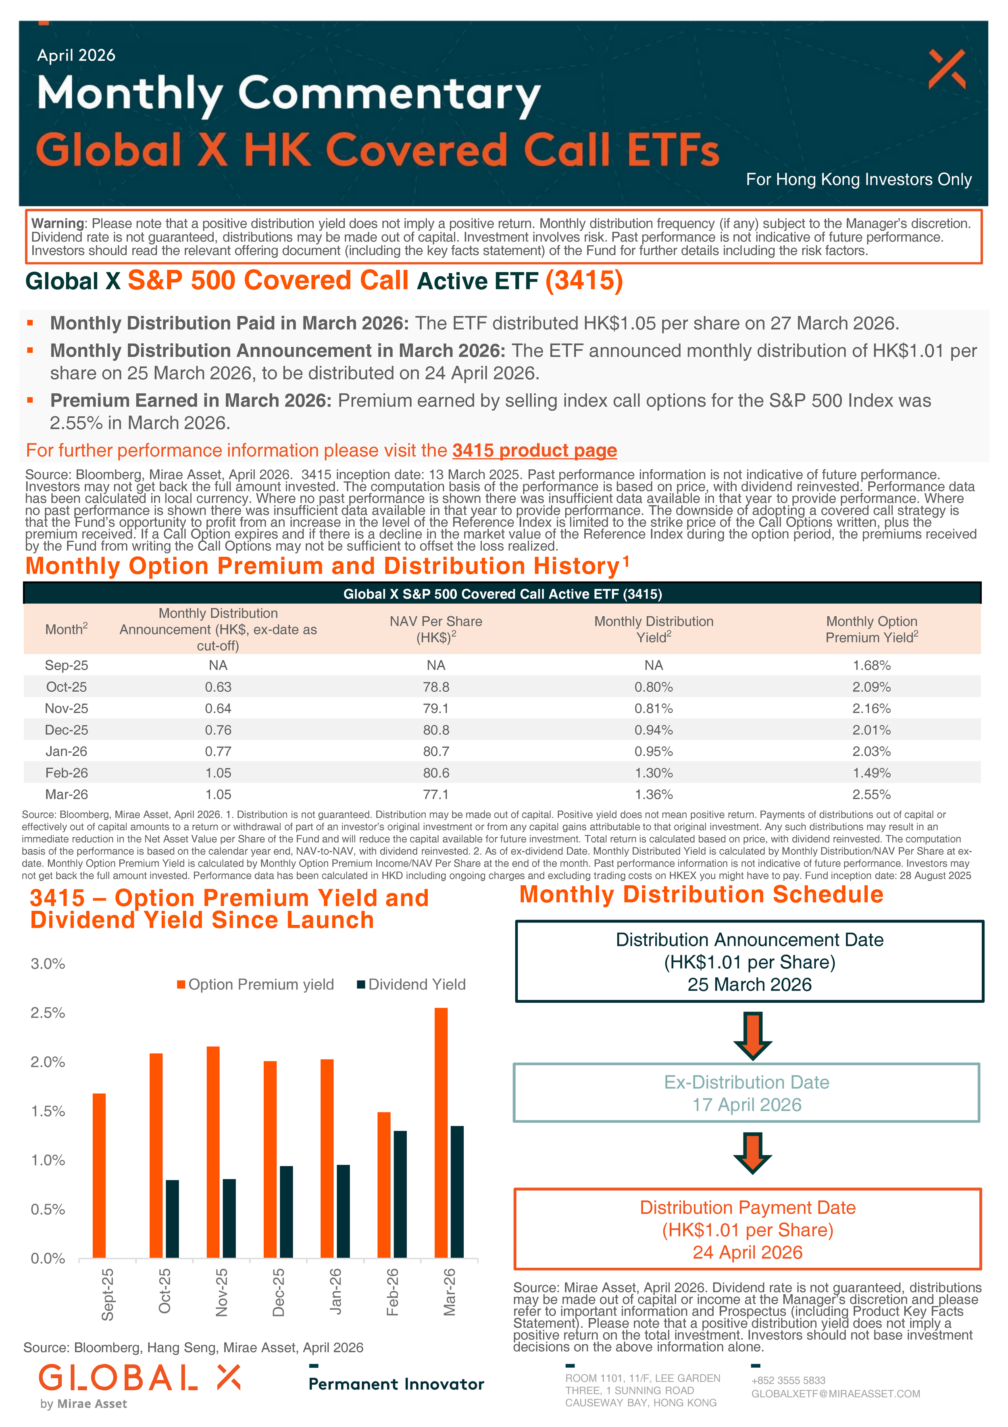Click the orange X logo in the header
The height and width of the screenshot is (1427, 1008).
(946, 69)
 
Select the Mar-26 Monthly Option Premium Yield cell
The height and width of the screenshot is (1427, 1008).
(871, 794)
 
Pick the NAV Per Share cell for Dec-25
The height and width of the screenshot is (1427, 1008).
(435, 730)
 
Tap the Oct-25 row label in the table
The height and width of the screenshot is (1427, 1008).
(67, 687)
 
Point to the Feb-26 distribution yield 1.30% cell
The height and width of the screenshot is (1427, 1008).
(653, 772)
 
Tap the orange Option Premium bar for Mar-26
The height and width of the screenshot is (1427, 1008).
(441, 1133)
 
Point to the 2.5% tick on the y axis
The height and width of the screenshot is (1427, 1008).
(48, 1013)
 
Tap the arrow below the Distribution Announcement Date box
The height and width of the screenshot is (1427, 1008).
(752, 1035)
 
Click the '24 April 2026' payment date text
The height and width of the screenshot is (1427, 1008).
(747, 1252)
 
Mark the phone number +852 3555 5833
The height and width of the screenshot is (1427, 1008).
(788, 1380)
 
